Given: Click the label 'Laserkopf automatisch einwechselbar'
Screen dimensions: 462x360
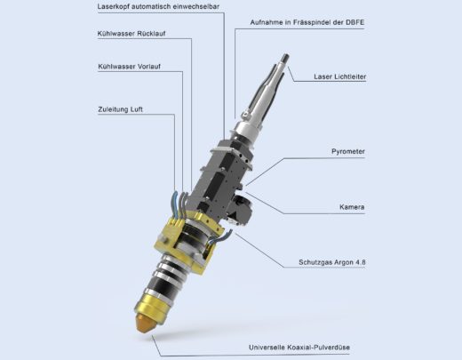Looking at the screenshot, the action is pos(158,6).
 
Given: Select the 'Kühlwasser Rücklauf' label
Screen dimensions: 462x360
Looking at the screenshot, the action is pos(131,34).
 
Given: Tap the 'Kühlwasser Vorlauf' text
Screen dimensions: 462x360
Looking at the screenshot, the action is pos(130,67).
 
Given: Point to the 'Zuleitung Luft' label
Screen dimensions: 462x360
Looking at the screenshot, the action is pos(120,109).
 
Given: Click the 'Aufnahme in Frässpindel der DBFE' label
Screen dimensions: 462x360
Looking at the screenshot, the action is pos(307,22).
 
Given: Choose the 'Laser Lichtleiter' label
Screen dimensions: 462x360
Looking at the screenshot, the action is pos(340,76).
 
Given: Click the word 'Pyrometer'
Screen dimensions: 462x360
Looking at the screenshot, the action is pos(348,152).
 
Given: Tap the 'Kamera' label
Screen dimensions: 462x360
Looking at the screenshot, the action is pos(352,207).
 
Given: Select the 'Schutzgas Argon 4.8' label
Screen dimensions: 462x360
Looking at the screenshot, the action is pos(332,262).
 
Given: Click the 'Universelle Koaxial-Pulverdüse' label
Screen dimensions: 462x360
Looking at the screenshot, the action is pos(299,348).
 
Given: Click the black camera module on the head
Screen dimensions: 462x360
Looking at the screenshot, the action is pos(239,209).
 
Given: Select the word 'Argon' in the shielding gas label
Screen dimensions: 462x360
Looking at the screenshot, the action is pos(343,262).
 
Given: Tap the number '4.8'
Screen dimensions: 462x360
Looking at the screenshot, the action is pos(360,262).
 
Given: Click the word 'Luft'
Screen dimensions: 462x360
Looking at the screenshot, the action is pos(136,109).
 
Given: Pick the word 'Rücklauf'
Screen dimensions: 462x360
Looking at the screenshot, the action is pos(151,34).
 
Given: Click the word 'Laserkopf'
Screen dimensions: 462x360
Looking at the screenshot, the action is pos(113,7).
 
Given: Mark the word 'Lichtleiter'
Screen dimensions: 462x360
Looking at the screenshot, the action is pos(350,76).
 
